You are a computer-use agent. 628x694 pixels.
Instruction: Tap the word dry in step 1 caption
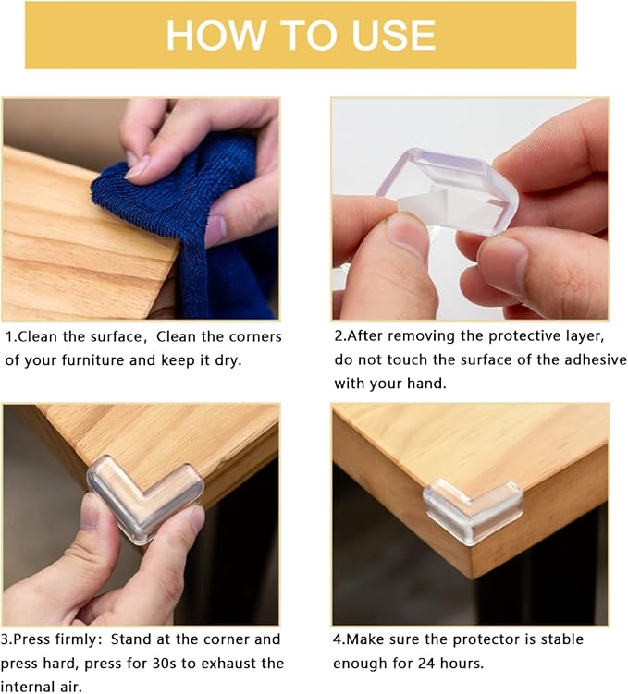[226, 359]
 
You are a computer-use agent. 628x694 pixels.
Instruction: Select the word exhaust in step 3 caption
[220, 663]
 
